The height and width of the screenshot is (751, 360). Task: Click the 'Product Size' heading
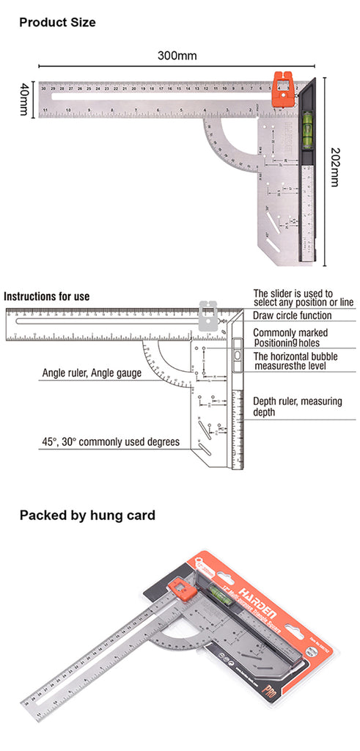[57, 23]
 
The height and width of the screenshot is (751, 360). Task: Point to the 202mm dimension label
[335, 166]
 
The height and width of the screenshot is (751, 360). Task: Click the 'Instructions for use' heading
[47, 296]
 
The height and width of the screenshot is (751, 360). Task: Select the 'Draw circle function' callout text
[292, 315]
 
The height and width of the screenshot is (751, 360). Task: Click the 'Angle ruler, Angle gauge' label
[91, 373]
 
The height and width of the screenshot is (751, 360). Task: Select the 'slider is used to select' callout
[293, 297]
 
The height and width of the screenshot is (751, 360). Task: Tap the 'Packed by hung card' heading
[87, 515]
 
